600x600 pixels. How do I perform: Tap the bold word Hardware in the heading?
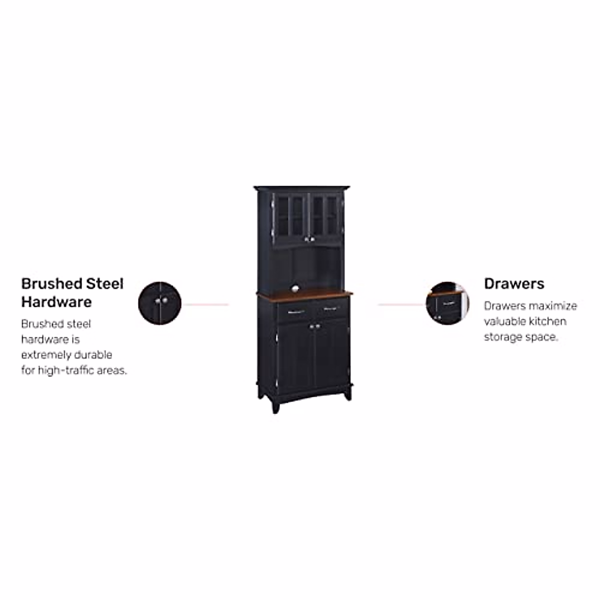click(x=56, y=302)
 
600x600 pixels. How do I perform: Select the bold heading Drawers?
click(x=514, y=284)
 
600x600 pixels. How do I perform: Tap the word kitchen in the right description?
click(x=547, y=321)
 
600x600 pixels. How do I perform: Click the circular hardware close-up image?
click(x=159, y=303)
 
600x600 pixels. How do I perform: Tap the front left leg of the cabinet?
click(x=274, y=405)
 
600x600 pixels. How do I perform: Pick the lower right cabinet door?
click(x=331, y=352)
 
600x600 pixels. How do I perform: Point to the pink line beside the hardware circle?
click(x=205, y=304)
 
